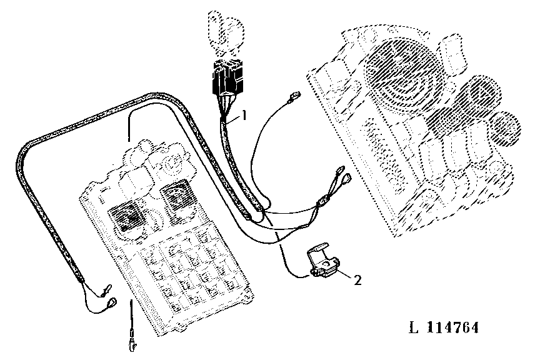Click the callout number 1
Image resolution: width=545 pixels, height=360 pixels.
(244, 114)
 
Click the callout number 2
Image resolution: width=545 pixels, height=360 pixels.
(357, 280)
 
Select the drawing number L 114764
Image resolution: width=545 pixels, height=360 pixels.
(444, 327)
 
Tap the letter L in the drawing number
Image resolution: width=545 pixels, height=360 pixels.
(413, 327)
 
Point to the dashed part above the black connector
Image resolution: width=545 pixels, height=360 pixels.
(226, 33)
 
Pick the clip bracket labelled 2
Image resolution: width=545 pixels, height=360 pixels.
(322, 260)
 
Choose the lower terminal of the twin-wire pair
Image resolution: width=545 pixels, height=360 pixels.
(346, 179)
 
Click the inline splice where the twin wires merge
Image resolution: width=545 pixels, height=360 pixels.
(323, 201)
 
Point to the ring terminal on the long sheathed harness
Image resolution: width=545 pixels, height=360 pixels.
(112, 303)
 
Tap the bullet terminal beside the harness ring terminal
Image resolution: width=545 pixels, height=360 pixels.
(106, 291)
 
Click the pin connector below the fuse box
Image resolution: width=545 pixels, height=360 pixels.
(132, 342)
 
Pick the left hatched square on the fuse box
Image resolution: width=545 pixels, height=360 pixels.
(126, 217)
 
